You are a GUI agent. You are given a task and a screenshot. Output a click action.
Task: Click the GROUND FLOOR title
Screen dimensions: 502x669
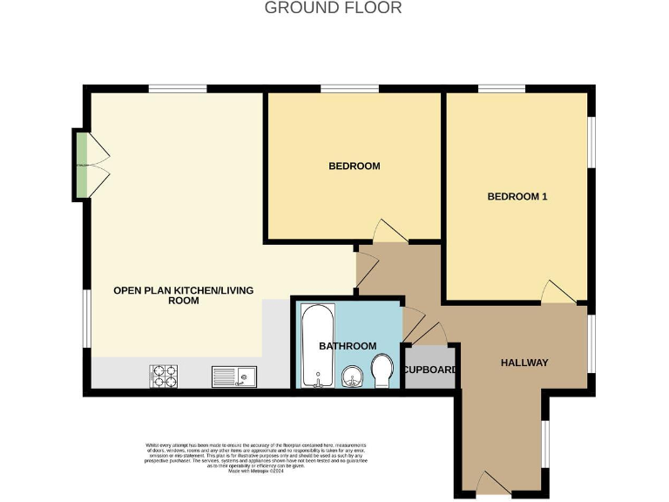[334, 8]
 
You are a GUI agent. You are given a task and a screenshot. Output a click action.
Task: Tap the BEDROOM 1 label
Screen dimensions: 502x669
[517, 196]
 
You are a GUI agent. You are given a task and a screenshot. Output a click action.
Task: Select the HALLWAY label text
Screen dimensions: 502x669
[524, 363]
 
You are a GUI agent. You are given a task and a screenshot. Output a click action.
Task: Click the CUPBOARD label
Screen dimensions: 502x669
[430, 370]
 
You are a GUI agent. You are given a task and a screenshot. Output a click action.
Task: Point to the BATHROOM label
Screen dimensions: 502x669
[348, 346]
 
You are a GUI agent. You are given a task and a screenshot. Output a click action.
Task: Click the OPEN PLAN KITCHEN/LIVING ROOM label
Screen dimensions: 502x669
[183, 295]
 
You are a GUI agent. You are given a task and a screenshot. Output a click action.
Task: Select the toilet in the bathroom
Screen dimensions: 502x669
[382, 370]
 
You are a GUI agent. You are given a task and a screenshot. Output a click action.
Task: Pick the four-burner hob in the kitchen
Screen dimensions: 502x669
[164, 376]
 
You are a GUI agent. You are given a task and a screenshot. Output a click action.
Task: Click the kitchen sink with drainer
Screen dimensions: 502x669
[233, 376]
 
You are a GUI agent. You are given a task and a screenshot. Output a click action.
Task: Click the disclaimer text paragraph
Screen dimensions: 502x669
[256, 458]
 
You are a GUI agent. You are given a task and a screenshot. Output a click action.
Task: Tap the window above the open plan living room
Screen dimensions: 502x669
[177, 89]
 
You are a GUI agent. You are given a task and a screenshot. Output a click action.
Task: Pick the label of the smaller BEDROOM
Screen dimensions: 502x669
[354, 166]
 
